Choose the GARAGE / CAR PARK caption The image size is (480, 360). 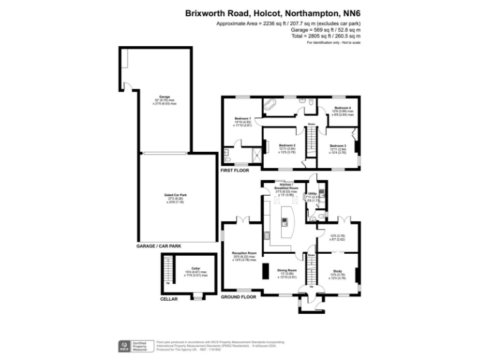(x=159, y=246)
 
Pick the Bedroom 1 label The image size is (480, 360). (x=242, y=119)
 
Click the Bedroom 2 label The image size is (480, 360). (x=287, y=145)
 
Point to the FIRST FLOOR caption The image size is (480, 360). (x=235, y=171)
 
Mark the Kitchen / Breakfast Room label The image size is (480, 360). (x=285, y=188)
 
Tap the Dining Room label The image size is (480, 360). (x=287, y=270)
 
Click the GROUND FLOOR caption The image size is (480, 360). (x=239, y=297)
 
